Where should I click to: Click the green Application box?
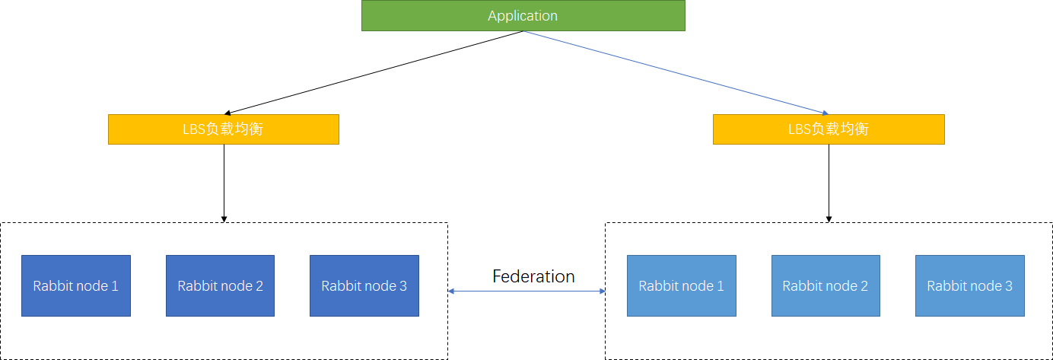coord(523,16)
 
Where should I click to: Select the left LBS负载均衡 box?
coord(223,129)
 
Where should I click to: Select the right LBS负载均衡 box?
coord(829,129)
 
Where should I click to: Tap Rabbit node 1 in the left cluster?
coord(76,285)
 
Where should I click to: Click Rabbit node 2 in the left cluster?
coord(220,285)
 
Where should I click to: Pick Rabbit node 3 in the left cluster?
coord(364,285)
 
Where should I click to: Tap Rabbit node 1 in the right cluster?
coord(681,285)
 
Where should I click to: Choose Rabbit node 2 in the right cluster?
coord(826,285)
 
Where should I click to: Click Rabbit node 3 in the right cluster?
coord(969,285)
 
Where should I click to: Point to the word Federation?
coord(533,276)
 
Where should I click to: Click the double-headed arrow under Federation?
coord(526,291)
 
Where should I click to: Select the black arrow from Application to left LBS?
coord(373,73)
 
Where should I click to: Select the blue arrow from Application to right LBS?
coord(676,73)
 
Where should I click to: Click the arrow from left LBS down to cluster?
coord(224,183)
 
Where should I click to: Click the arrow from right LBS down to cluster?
coord(829,183)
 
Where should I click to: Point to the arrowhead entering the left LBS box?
coord(227,113)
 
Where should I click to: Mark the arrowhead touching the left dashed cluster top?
coord(224,219)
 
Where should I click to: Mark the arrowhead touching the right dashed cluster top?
coord(829,219)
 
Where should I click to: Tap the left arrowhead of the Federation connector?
coord(451,291)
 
